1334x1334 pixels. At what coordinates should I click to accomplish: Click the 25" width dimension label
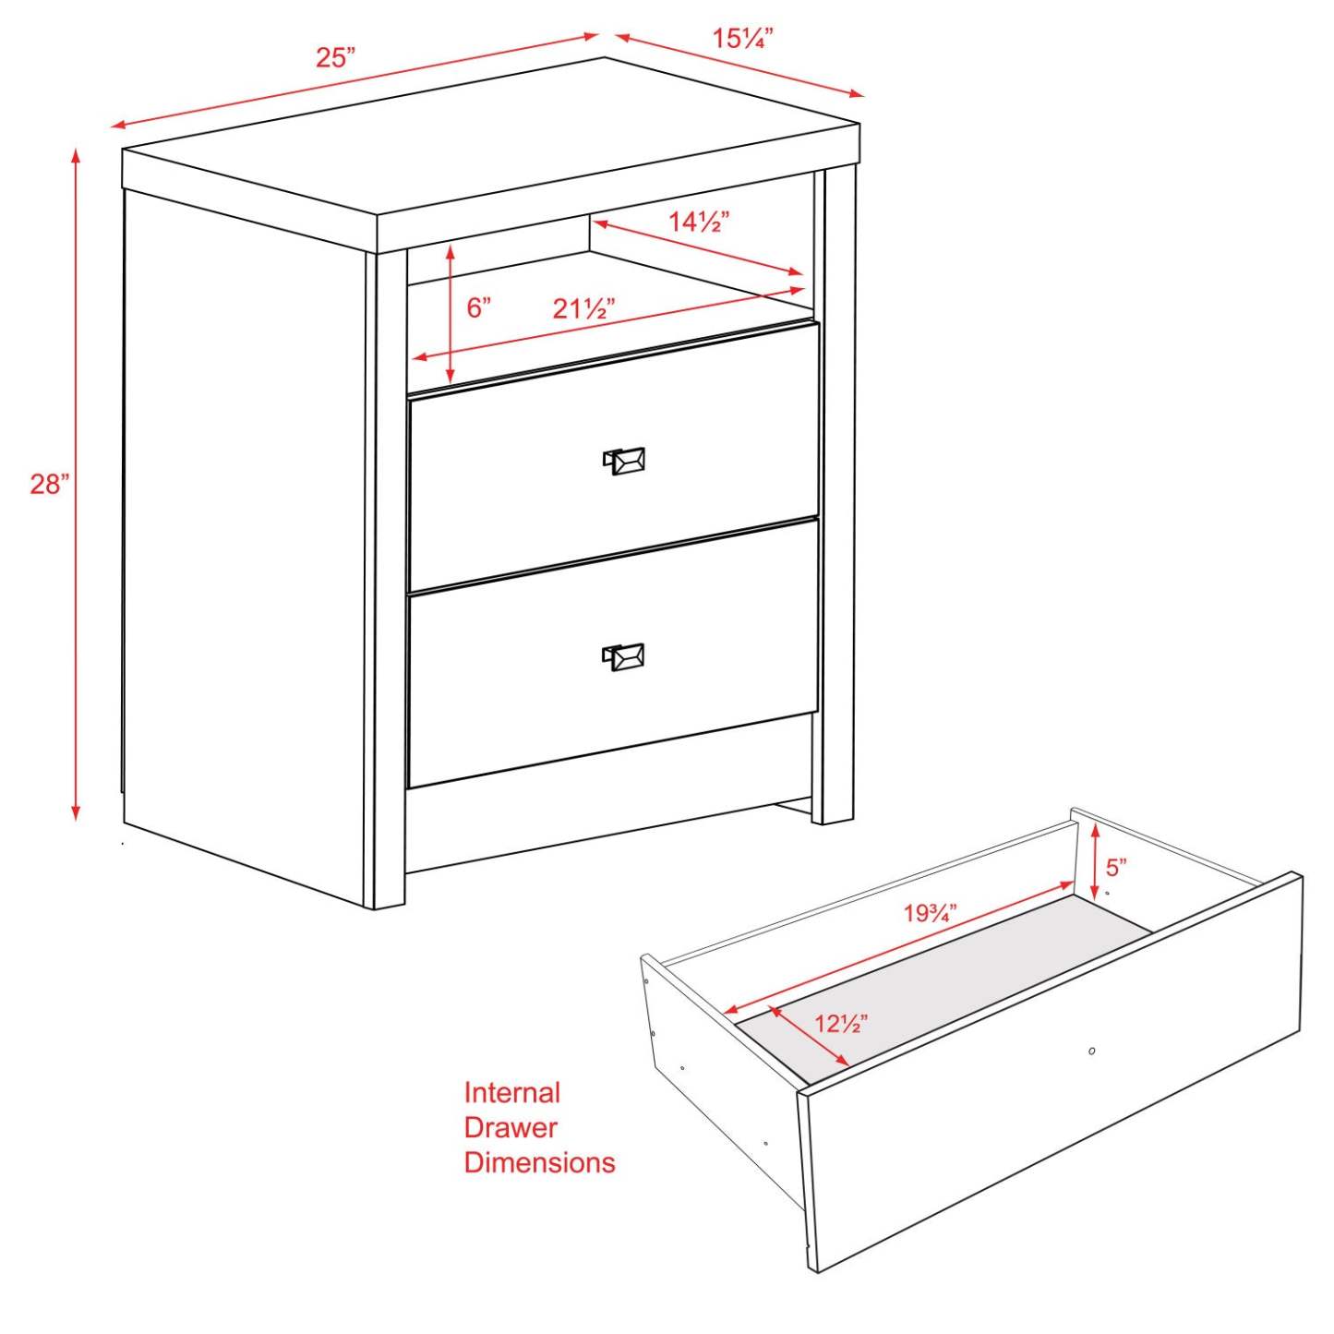335,57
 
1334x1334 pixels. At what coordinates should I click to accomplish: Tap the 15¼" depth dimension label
742,39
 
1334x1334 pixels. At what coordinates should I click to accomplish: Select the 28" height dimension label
49,484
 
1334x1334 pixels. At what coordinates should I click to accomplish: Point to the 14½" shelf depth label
699,222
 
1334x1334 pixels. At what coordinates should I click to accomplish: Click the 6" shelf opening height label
478,307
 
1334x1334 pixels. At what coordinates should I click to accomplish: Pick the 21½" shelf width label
583,308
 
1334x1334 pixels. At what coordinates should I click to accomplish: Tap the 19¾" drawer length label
930,913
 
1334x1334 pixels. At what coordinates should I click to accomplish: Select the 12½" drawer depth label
840,1023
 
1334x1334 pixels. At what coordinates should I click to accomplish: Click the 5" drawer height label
1116,867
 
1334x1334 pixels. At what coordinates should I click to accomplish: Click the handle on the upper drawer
624,460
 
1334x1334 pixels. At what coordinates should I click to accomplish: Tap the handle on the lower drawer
624,655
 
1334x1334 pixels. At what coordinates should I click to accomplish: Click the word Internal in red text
511,1093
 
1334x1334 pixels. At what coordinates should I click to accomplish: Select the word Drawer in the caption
511,1127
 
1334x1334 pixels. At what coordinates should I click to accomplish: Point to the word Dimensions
539,1162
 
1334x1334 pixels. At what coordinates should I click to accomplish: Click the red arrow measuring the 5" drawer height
1094,860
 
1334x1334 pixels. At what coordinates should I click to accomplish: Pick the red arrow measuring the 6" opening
450,314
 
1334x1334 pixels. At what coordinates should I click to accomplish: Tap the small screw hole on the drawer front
1092,1051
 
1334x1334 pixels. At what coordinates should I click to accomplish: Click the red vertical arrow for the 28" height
76,484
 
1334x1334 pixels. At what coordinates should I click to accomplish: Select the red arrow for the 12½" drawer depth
810,1038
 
